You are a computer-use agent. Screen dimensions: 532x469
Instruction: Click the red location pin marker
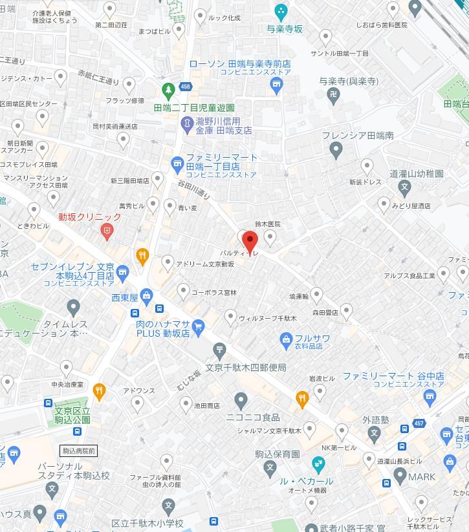250,242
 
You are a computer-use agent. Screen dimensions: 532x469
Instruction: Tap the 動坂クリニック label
90,217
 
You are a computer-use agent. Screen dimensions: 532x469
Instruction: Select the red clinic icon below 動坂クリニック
107,230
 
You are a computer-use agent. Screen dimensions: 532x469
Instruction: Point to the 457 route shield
419,423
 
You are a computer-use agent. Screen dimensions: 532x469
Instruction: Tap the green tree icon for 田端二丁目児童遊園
168,90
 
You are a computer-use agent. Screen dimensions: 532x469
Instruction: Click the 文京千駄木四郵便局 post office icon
219,350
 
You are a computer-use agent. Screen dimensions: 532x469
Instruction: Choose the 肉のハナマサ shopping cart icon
198,327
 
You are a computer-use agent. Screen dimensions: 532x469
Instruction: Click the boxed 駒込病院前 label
78,451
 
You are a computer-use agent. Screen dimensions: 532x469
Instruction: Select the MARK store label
422,477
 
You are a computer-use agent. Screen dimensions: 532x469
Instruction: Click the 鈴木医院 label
268,224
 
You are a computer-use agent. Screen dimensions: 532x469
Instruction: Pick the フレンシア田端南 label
358,136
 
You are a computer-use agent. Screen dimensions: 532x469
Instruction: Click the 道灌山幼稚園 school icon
405,189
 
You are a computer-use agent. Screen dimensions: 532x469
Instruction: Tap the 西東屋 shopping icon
147,297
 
